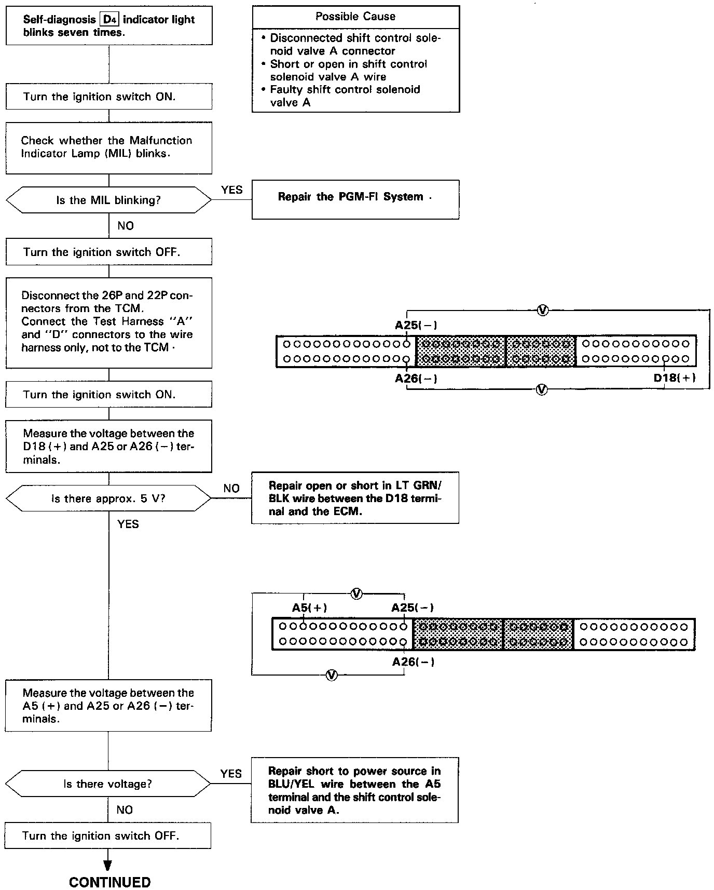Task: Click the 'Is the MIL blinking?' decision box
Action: click(x=108, y=200)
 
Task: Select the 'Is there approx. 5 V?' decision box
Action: click(x=108, y=498)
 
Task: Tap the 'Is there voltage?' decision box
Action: click(x=108, y=784)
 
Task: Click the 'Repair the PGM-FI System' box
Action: click(x=355, y=199)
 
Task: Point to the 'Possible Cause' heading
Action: click(x=355, y=17)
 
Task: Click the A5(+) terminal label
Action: click(x=309, y=608)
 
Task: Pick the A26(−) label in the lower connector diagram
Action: click(x=413, y=662)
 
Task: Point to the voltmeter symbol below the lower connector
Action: click(x=332, y=675)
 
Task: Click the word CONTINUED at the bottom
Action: click(x=109, y=882)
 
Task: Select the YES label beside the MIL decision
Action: click(x=231, y=190)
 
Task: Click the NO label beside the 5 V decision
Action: click(x=231, y=488)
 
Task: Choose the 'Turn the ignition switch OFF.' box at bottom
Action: click(x=108, y=835)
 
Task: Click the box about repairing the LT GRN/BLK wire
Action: click(x=355, y=497)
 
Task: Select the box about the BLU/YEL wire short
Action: click(x=354, y=790)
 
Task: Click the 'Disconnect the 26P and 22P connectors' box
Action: click(x=109, y=323)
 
